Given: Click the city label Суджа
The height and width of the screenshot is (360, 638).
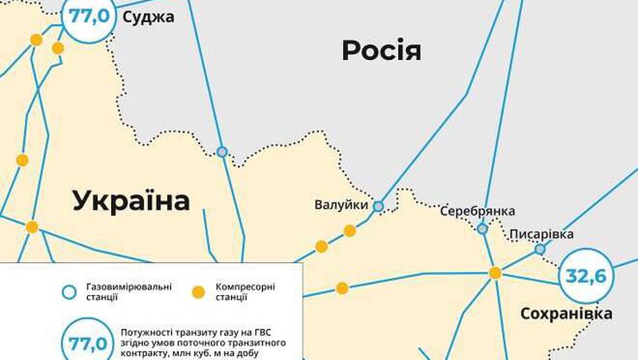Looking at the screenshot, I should tap(148, 16).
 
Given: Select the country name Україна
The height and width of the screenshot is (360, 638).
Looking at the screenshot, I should tap(131, 200).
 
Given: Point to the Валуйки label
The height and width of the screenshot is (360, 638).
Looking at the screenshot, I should tap(341, 206).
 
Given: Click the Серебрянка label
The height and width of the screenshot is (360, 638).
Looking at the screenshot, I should tap(477, 211).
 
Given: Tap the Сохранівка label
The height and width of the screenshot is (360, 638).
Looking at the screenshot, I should tap(566, 313).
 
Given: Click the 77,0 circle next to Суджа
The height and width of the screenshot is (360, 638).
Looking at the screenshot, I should tap(89, 16).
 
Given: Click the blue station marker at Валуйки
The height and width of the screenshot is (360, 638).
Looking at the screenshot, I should tap(378, 206).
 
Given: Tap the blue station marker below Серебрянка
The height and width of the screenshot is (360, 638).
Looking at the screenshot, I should tap(483, 229).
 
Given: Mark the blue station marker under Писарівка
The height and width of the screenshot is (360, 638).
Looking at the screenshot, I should tap(540, 250).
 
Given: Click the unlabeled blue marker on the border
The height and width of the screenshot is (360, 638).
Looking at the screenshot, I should tap(222, 151).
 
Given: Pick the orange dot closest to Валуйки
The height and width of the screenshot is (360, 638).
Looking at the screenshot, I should tap(349, 231).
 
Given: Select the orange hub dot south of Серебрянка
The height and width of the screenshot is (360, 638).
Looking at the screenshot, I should tap(495, 273).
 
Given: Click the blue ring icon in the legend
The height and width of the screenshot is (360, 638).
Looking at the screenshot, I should tap(70, 291).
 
